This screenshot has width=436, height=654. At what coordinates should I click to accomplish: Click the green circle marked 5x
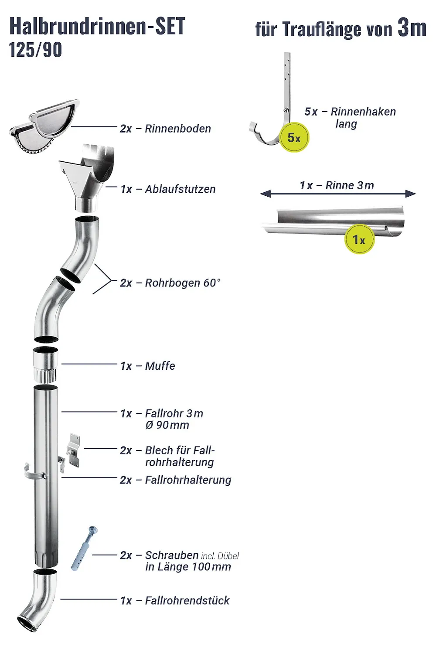[x=294, y=138]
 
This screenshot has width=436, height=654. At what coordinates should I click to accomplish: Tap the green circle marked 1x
[x=359, y=239]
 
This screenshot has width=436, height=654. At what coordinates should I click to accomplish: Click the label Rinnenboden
[x=177, y=129]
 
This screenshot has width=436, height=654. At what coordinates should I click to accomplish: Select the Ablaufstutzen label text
[x=180, y=189]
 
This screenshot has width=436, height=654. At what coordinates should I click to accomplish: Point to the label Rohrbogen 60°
[x=183, y=283]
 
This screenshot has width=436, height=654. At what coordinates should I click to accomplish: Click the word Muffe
[x=160, y=366]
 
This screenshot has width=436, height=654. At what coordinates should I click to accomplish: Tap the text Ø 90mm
[x=167, y=425]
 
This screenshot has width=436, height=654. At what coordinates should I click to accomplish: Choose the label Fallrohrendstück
[x=187, y=600]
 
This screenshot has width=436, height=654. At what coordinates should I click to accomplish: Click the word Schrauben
[x=172, y=555]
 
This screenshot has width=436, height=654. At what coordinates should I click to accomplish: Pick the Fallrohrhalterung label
[x=188, y=480]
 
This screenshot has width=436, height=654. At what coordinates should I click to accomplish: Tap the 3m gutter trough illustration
[x=334, y=221]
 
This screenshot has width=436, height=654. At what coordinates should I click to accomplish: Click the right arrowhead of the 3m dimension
[x=411, y=194]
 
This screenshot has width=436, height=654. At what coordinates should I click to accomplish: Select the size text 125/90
[x=35, y=50]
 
